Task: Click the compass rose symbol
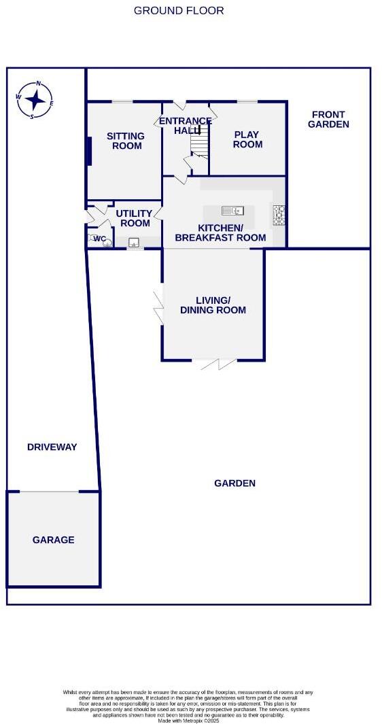35,100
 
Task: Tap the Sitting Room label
125,141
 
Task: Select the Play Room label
247,139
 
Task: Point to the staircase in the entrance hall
198,143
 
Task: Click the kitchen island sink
232,210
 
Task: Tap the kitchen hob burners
279,215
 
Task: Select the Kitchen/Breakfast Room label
220,232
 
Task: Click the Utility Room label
135,218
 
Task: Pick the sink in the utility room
134,241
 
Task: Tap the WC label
99,239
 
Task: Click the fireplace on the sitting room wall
89,151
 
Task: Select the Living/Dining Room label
213,305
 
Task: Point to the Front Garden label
328,120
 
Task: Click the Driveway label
52,447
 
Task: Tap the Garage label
53,540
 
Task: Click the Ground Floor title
179,10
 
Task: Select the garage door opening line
48,492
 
